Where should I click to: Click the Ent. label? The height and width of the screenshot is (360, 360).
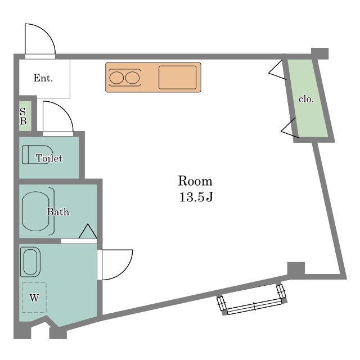pyautogui.click(x=43, y=78)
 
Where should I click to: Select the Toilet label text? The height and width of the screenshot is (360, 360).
pyautogui.click(x=49, y=158)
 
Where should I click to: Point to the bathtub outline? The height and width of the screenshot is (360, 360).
pyautogui.click(x=35, y=211)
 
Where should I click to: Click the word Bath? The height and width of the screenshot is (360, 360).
pyautogui.click(x=58, y=211)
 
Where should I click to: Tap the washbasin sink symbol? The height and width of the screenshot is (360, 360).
pyautogui.click(x=30, y=262)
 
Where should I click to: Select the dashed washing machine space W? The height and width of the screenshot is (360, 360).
pyautogui.click(x=34, y=298)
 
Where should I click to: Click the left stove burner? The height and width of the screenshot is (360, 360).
pyautogui.click(x=116, y=78)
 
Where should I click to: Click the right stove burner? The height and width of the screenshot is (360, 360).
pyautogui.click(x=133, y=78)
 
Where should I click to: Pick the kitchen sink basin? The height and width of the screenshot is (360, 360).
pyautogui.click(x=178, y=78)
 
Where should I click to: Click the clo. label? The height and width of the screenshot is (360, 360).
pyautogui.click(x=306, y=99)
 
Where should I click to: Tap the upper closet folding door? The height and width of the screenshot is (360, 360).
pyautogui.click(x=277, y=70)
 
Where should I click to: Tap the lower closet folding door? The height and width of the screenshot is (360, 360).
pyautogui.click(x=290, y=128)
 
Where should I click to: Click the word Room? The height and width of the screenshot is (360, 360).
pyautogui.click(x=195, y=181)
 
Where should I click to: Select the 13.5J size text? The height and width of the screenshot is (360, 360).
pyautogui.click(x=196, y=197)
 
